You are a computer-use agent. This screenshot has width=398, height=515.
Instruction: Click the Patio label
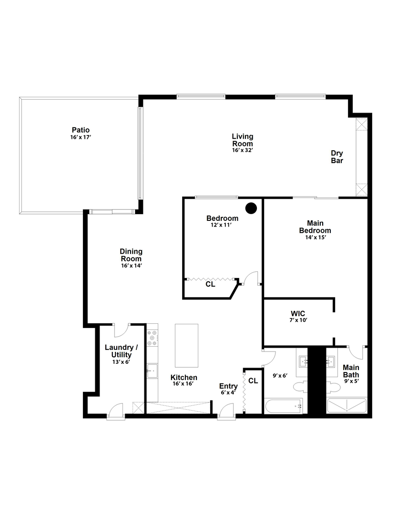tap(81, 130)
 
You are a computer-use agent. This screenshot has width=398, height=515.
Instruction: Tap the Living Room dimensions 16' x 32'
tap(242, 150)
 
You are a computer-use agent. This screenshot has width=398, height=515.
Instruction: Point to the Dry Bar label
tap(337, 157)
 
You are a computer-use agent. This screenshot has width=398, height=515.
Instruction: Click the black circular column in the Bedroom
tap(251, 208)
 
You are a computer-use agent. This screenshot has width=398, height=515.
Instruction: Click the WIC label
tap(297, 313)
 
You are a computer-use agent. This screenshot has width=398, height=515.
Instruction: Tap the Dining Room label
tap(131, 255)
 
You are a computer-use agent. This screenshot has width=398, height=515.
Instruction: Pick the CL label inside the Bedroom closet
tap(210, 284)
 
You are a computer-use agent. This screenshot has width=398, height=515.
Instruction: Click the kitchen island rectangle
tap(186, 345)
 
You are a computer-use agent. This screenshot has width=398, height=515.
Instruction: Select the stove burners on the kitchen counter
tap(153, 338)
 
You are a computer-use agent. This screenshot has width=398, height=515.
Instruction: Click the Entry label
tap(228, 386)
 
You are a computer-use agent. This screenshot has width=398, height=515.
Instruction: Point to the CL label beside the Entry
tap(253, 381)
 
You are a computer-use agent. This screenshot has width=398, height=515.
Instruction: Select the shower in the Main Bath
tap(347, 406)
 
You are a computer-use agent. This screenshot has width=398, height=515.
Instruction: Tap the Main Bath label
tap(351, 371)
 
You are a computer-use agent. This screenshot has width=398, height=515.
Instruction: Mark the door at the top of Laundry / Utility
tap(121, 329)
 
